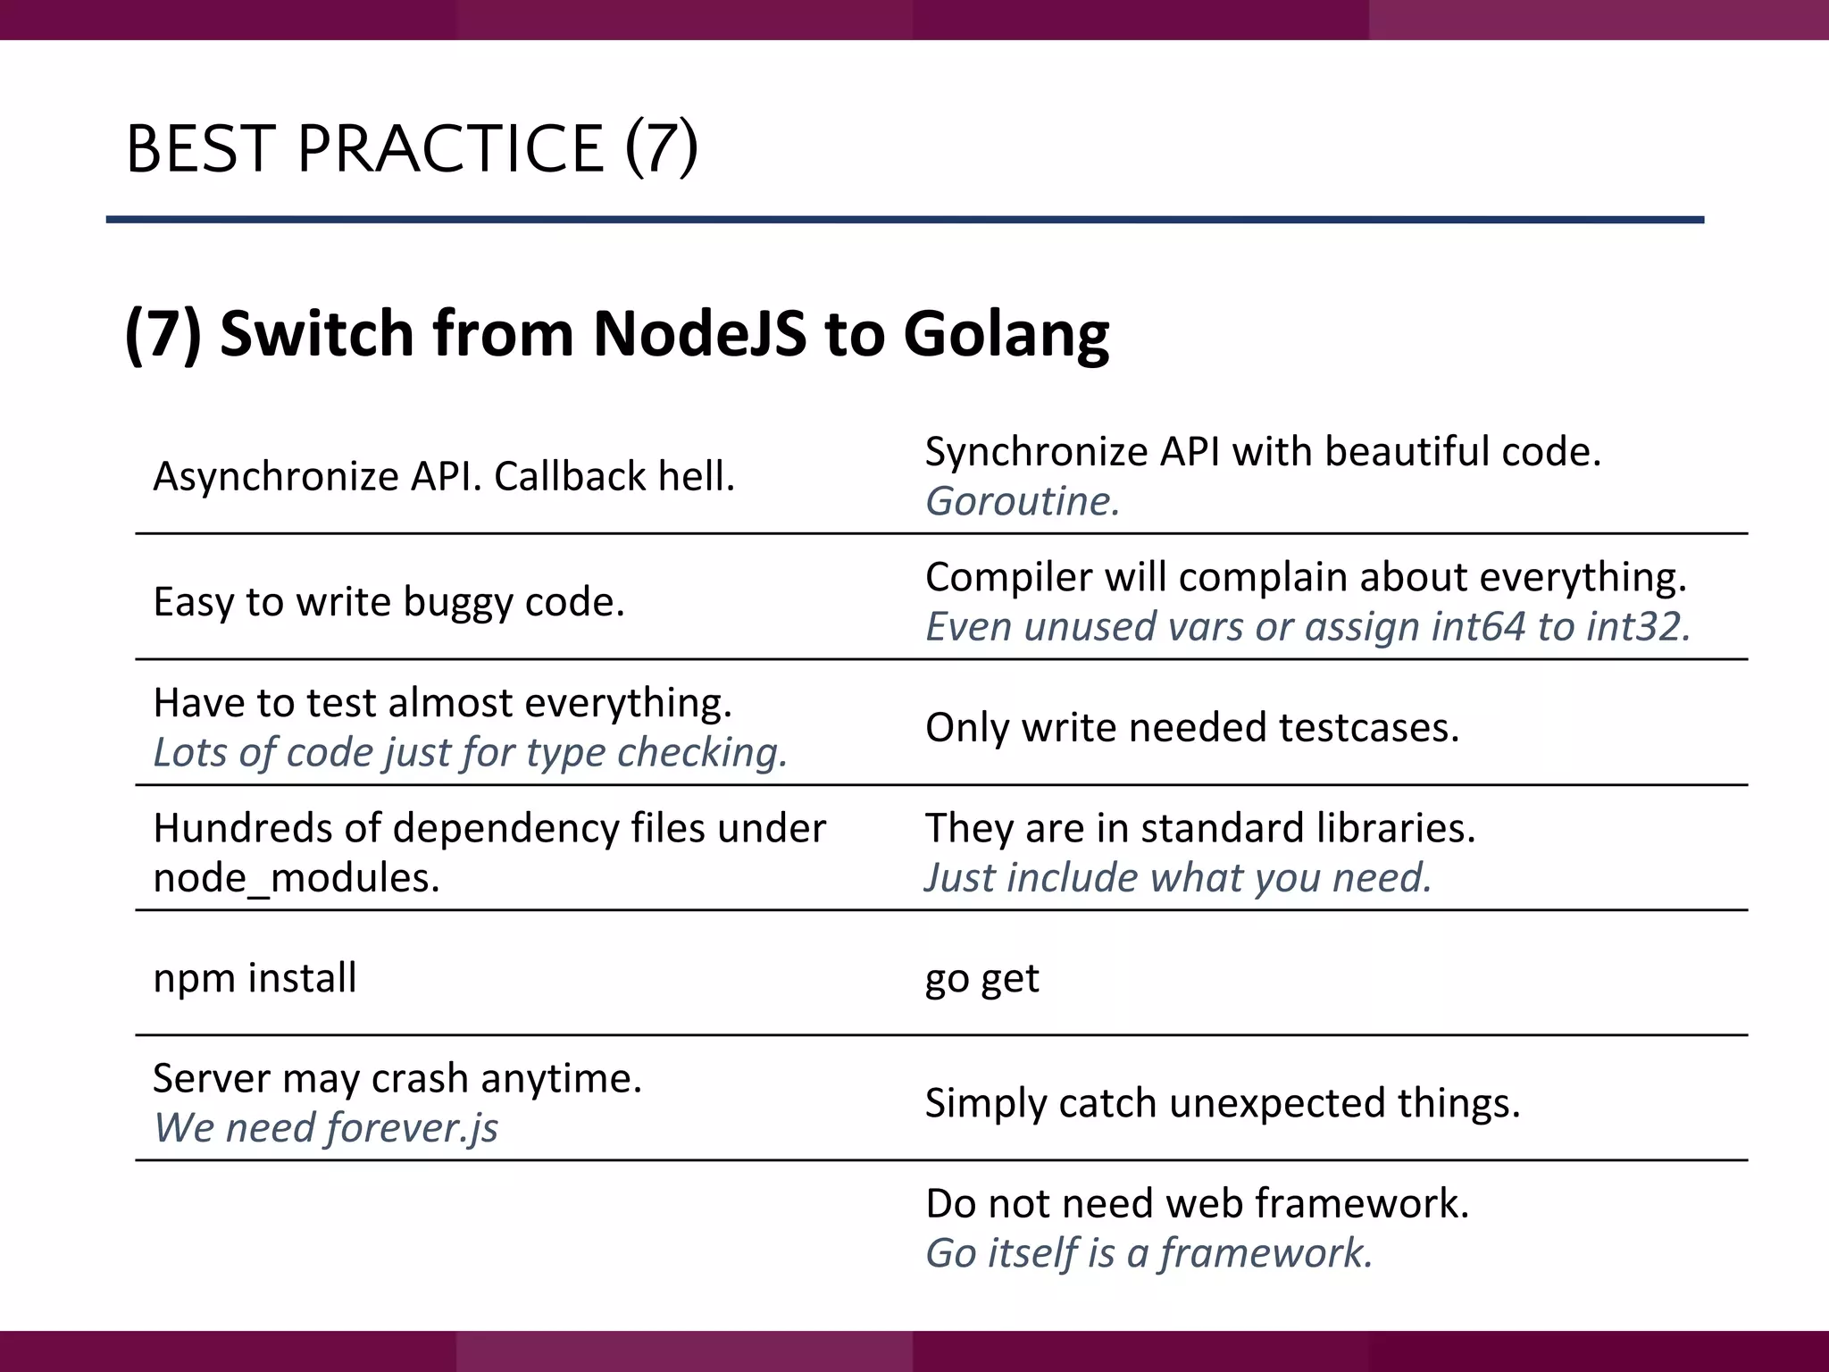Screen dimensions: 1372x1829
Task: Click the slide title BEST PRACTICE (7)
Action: [412, 148]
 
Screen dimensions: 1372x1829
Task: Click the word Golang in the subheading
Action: [1006, 334]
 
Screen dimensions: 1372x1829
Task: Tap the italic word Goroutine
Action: [1022, 502]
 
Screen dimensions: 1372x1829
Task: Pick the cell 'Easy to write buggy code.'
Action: [388, 602]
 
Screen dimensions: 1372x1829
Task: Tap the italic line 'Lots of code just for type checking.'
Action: [470, 753]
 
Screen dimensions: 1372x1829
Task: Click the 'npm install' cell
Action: [255, 978]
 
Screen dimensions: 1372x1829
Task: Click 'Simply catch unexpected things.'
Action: [1222, 1103]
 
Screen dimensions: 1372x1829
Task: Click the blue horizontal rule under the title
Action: [904, 220]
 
